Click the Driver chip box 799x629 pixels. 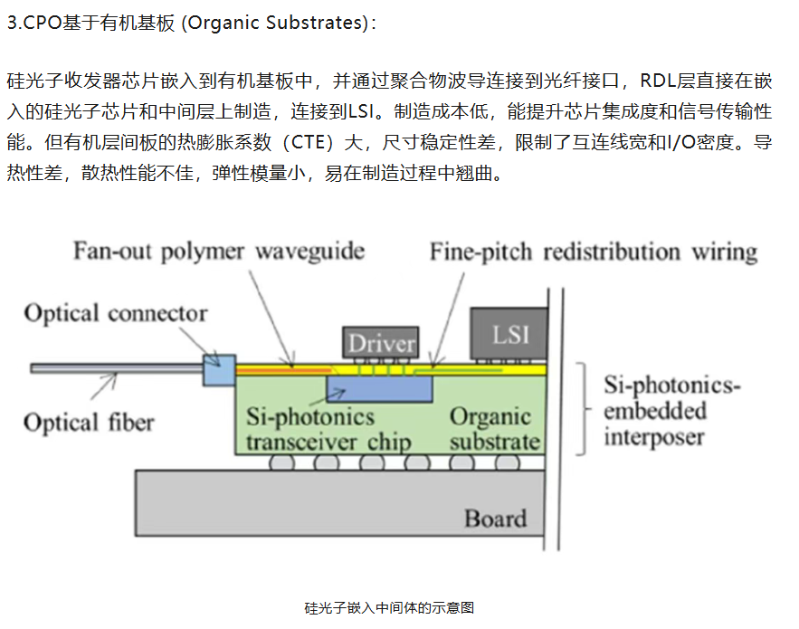(x=381, y=342)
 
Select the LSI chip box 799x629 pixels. (x=509, y=333)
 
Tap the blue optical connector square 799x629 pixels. (x=219, y=369)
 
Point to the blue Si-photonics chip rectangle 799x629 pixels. (x=380, y=389)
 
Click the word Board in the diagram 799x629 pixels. (x=495, y=519)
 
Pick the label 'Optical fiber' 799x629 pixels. (x=89, y=423)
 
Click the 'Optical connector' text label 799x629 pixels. (x=116, y=313)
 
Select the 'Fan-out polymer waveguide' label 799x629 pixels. (x=219, y=252)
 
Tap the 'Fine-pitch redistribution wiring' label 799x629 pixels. (x=594, y=252)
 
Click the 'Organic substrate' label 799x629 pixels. (x=495, y=429)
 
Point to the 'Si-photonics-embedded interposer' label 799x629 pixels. (x=671, y=411)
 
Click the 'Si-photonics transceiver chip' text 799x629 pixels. (x=328, y=429)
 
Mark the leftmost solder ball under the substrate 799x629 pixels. (x=281, y=462)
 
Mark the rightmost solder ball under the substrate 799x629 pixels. (x=508, y=462)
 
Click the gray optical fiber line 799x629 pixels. (x=117, y=368)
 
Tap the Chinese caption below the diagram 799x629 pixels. (x=389, y=607)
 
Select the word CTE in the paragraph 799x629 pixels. (x=309, y=142)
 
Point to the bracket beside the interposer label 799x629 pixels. (x=584, y=408)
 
